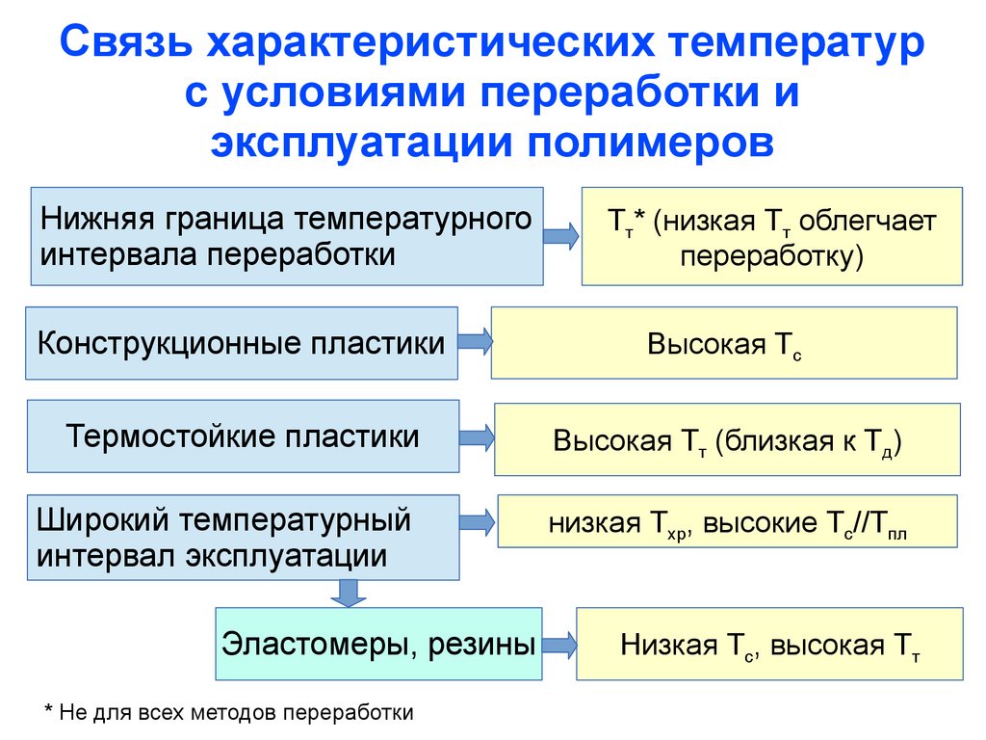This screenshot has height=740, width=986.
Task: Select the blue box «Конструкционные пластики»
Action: tap(241, 343)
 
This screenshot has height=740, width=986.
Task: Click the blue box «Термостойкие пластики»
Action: tap(243, 436)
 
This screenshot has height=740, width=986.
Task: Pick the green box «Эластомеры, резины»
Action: tap(378, 644)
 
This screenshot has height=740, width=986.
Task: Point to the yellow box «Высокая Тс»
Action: tap(724, 343)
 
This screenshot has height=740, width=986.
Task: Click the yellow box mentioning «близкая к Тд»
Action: tap(727, 440)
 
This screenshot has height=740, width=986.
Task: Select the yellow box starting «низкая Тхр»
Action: tap(728, 523)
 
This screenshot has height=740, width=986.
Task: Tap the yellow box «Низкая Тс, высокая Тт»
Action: tap(769, 645)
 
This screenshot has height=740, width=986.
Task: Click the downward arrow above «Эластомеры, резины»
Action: tap(348, 594)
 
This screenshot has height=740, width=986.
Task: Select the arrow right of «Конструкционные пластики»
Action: tap(475, 341)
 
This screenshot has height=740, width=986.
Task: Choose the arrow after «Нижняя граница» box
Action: tap(561, 235)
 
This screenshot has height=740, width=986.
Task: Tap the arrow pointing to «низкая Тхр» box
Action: tap(479, 522)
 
